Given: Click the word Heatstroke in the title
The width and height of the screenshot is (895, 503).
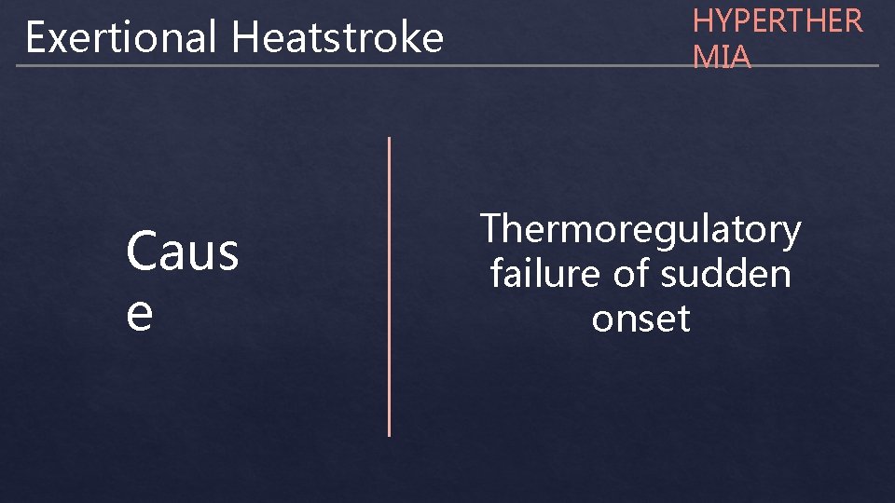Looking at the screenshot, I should [337, 38].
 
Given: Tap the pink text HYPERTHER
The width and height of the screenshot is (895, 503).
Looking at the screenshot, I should [778, 21].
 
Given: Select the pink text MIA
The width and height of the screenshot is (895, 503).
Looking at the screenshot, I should [722, 57].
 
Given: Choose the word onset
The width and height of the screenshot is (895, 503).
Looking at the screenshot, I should [640, 319].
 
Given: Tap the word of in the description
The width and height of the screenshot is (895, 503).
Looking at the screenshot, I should [633, 275].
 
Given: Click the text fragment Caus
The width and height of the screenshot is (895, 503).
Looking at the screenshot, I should [183, 252].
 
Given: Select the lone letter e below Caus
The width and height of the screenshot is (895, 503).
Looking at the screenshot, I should [140, 314].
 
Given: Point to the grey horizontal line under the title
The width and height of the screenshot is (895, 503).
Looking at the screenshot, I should [447, 66].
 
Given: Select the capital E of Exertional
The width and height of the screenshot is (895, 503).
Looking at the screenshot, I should [35, 38].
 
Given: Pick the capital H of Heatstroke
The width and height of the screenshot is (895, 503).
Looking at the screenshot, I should [244, 38].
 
